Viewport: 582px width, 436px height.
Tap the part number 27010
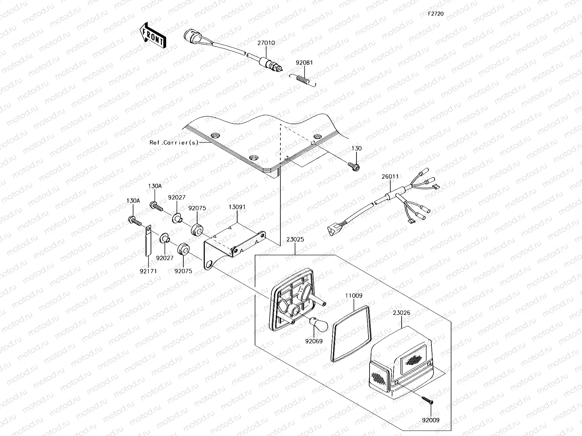266,43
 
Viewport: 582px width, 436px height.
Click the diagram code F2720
435,14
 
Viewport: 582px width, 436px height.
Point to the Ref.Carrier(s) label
174,143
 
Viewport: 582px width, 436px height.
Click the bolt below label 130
355,167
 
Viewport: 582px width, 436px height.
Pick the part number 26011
390,177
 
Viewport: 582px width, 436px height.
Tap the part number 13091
237,207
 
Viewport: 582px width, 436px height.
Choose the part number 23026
401,312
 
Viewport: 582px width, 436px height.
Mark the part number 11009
354,296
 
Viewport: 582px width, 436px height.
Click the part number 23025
295,240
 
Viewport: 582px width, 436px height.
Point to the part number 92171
147,271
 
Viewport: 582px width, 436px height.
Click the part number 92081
304,62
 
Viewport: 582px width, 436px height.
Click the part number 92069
314,341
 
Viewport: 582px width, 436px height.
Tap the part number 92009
431,420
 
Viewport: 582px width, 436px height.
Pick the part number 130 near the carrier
356,149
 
